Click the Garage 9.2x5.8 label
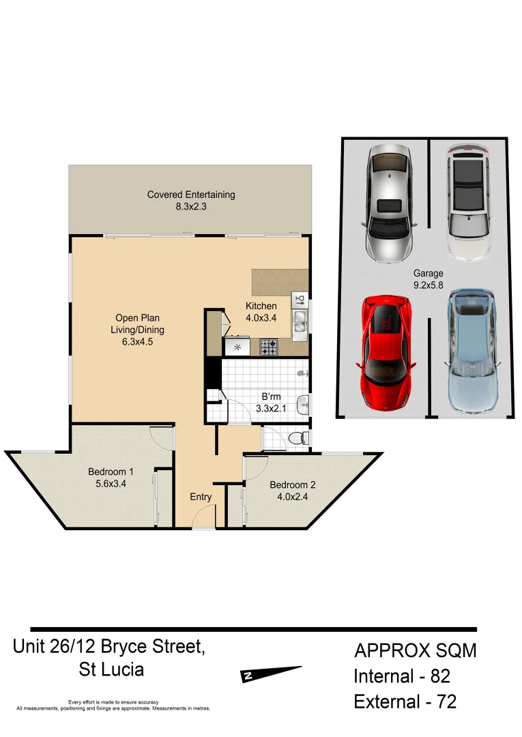coord(428,279)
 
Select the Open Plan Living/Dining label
coord(139,330)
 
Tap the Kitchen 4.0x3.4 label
coord(261,312)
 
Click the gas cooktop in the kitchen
coord(267,347)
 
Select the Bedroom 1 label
coord(111,478)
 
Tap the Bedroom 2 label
coord(292,491)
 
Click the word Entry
coord(201,497)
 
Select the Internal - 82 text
coord(401,676)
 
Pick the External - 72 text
coord(405,701)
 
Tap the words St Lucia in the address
coord(112,669)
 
